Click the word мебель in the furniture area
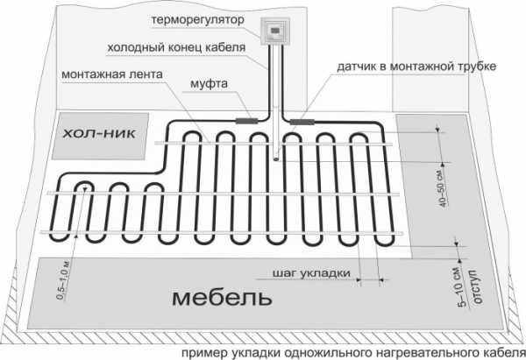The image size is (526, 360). pyautogui.click(x=216, y=298)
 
